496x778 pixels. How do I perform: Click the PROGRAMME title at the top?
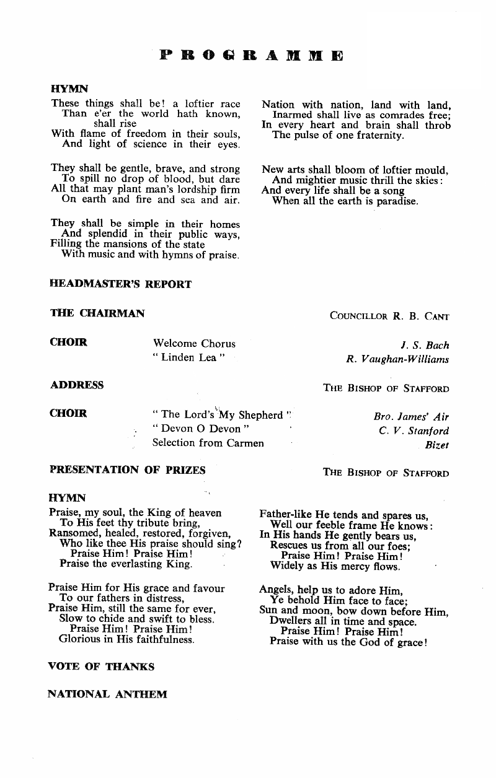click(251, 56)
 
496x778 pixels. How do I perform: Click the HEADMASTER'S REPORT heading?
click(120, 284)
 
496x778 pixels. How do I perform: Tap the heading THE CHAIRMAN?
click(97, 313)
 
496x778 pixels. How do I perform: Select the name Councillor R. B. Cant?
click(389, 316)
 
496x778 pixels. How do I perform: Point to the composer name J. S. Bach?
click(425, 345)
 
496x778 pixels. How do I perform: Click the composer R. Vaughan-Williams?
click(397, 359)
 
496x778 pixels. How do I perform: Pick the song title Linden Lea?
click(188, 358)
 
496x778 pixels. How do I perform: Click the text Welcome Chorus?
click(194, 343)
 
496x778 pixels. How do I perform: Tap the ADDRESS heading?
click(77, 385)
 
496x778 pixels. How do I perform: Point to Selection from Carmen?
click(208, 443)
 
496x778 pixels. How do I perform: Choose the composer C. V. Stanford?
click(414, 431)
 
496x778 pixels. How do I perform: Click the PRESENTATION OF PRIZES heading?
click(127, 470)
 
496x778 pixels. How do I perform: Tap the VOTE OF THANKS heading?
click(101, 667)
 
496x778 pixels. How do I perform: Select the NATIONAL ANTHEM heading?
click(107, 694)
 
